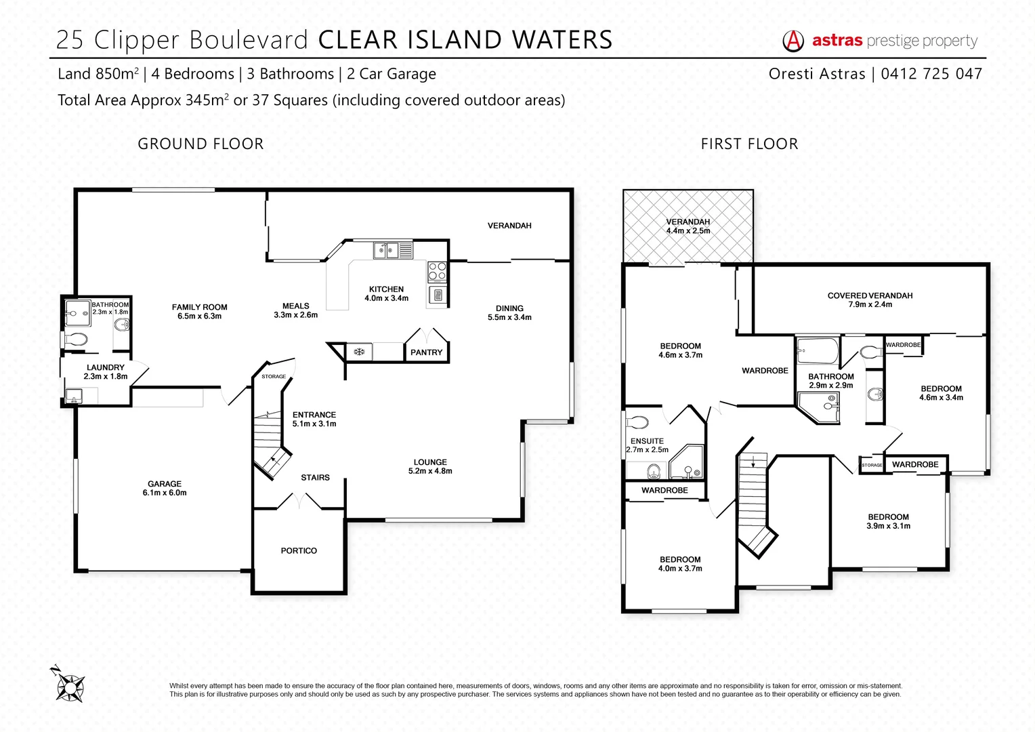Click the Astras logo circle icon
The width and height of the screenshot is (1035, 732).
pos(793,41)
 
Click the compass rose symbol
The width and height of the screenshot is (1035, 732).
pos(68,685)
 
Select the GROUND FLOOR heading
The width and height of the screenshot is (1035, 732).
pos(200,144)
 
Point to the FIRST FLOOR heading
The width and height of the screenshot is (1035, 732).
pos(749,144)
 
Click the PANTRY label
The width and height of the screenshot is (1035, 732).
pos(426,352)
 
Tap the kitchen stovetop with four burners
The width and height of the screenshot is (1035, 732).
pos(437,272)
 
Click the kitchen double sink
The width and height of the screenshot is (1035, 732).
pos(385,251)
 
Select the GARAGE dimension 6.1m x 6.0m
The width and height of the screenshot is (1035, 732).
pos(165,493)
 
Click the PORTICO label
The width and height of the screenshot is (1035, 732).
pos(299,551)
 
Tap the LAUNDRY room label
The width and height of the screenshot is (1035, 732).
pos(106,367)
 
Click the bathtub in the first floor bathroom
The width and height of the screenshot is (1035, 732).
pos(817,350)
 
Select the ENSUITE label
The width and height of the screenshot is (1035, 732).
pos(647,441)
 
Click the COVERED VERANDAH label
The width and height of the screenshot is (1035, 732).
pos(870,296)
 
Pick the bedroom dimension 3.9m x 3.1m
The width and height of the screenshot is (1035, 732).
pos(888,526)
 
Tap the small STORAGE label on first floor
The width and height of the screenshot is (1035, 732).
pos(872,465)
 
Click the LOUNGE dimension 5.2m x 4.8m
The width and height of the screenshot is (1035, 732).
pos(430,471)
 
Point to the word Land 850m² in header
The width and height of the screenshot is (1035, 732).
pos(98,74)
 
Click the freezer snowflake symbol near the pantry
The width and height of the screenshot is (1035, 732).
pos(359,352)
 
